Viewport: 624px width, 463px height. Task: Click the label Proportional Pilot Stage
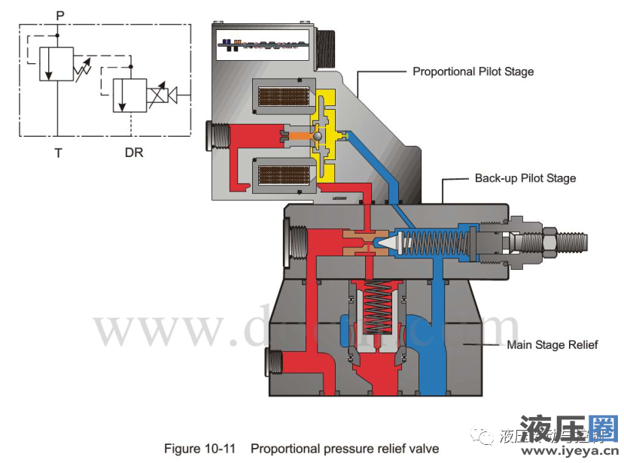473,72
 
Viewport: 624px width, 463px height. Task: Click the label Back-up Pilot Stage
525,179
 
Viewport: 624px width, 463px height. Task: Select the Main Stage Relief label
552,345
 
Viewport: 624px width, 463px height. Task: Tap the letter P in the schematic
59,14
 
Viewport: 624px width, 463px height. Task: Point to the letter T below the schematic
58,153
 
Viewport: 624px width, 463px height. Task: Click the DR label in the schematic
132,153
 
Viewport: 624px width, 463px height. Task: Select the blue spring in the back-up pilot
437,244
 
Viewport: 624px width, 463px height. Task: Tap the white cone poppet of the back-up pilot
386,244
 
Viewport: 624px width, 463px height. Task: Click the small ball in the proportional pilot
319,135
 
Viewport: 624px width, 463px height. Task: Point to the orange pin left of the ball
298,136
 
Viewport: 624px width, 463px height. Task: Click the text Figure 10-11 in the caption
199,449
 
